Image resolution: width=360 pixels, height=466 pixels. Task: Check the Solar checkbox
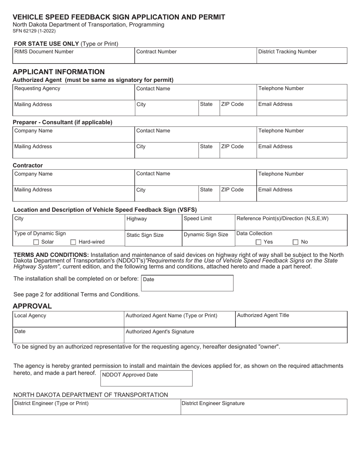coord(36,242)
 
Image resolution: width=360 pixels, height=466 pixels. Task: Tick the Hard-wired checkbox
coord(74,242)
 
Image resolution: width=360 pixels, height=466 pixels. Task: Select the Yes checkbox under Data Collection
coord(258,242)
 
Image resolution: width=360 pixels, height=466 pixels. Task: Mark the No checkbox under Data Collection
coord(296,242)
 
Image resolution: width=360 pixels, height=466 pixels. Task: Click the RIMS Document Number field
coord(74,56)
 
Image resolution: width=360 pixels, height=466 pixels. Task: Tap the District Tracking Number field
coord(302,56)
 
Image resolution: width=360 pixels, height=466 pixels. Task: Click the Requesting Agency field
coord(74,92)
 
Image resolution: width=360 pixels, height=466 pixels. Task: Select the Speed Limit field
coord(208,222)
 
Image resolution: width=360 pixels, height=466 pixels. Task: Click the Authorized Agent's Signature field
coord(235,335)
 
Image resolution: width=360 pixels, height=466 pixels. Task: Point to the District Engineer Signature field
coord(264,407)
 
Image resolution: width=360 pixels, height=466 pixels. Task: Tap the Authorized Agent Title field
coord(291,319)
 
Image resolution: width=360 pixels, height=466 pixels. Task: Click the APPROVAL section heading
coord(32,306)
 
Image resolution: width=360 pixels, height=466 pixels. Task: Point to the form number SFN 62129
coord(34,31)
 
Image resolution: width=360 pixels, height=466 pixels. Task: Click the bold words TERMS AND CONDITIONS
coord(51,255)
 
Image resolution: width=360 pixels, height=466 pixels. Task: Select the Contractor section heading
coord(28,166)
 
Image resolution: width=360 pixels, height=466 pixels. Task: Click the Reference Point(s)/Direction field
coord(291,222)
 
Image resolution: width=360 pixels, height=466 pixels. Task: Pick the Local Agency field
coord(68,319)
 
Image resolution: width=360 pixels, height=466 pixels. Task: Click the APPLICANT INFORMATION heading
coord(59,72)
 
